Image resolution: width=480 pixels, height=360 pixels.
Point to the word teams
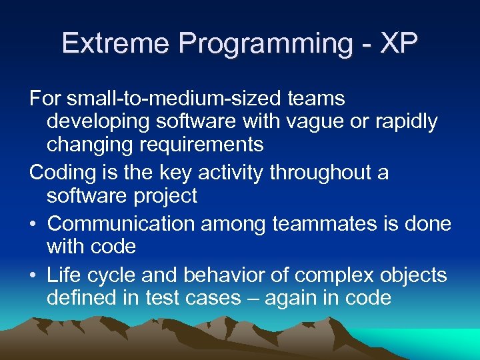tap(316, 99)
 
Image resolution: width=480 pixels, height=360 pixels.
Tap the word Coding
tap(63, 173)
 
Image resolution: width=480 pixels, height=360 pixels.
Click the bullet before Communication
tap(34, 224)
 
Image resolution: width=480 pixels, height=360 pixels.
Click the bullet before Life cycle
tap(34, 275)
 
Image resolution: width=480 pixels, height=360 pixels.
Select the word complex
tap(322, 275)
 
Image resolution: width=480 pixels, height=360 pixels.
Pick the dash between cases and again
tap(253, 298)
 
